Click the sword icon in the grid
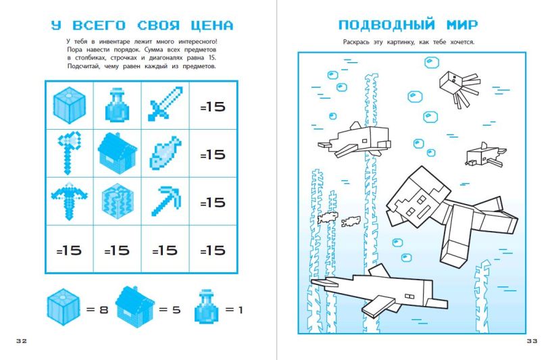click(x=166, y=104)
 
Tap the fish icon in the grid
click(x=166, y=153)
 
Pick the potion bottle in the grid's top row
click(x=118, y=105)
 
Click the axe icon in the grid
click(x=69, y=153)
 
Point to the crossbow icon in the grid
click(x=69, y=200)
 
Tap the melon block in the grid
click(x=118, y=201)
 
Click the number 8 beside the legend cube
click(x=103, y=310)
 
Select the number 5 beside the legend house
click(x=176, y=310)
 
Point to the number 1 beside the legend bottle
click(x=241, y=310)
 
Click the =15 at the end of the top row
click(x=213, y=107)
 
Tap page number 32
click(x=22, y=341)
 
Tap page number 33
click(x=532, y=341)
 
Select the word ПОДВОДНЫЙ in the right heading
click(x=386, y=25)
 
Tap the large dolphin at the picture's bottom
click(x=379, y=292)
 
